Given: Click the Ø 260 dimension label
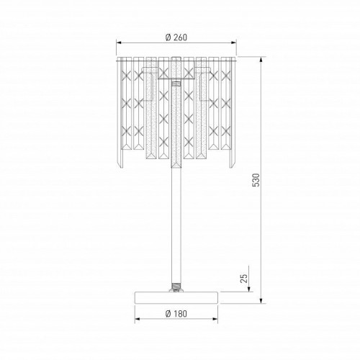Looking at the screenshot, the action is coord(176,37).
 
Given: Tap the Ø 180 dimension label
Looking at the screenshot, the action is coord(176,313).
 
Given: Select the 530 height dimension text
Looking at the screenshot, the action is coord(256,180).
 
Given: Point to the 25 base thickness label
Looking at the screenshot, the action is coord(243,278).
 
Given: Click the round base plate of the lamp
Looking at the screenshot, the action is coord(176,297).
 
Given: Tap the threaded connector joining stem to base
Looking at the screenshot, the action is coord(176,287).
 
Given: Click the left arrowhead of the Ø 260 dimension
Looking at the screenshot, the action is coord(119,42).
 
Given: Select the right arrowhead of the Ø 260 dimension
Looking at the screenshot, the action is coord(233,42).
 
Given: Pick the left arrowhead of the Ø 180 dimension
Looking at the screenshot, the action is coord(138,319).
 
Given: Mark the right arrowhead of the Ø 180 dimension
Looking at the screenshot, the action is coord(215,319).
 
